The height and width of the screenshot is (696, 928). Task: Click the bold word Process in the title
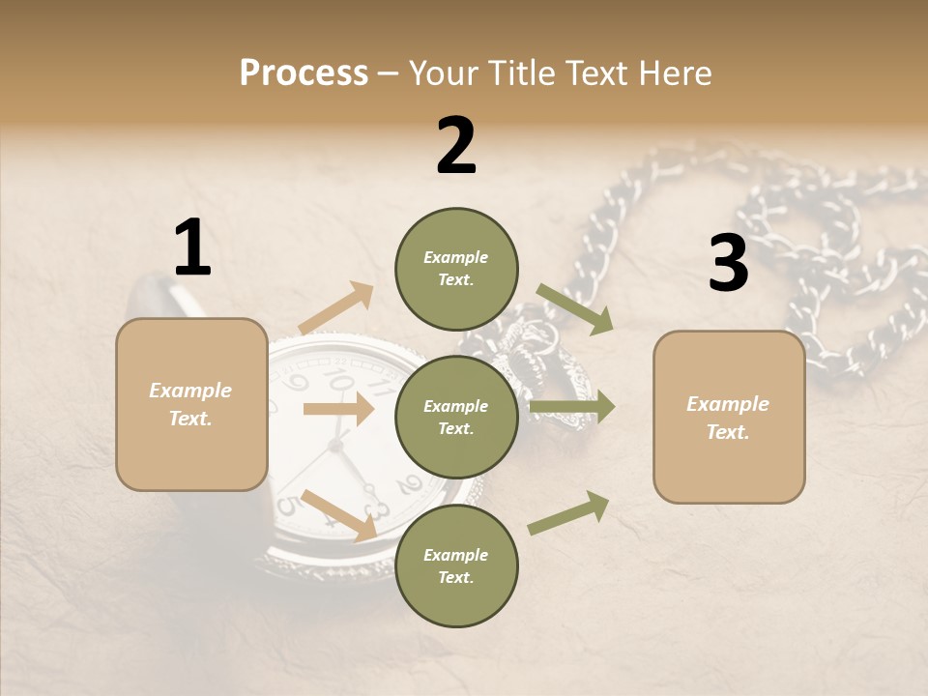pos(304,72)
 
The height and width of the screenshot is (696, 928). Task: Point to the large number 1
pos(192,247)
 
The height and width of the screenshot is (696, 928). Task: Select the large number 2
pos(456,145)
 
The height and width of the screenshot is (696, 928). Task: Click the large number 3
pos(728,263)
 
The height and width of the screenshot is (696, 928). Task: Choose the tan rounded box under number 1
pos(191,404)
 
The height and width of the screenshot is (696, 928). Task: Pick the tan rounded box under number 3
pos(729,417)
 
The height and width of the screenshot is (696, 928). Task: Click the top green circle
pos(456,269)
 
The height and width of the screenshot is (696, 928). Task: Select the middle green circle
pos(456,417)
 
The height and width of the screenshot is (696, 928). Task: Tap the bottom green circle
pos(456,565)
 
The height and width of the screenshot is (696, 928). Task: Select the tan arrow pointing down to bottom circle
pos(338,514)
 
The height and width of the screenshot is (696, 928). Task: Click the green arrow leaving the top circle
pos(575,308)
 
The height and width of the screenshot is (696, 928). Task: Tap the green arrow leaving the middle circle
pos(572,407)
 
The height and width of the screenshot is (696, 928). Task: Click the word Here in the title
pos(674,72)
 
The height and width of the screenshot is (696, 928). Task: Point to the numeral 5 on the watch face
pos(287,505)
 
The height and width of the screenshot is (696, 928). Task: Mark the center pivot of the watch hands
pos(336,445)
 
